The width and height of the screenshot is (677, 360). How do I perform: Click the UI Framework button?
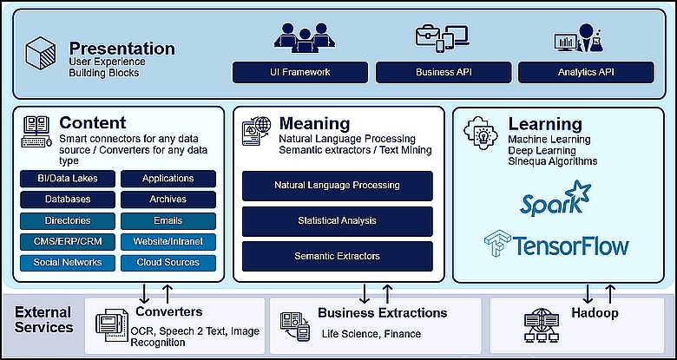[300, 73]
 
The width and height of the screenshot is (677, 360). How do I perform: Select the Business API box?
[444, 73]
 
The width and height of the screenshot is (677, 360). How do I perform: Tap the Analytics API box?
[586, 73]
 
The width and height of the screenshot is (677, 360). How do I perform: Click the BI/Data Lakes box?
[68, 179]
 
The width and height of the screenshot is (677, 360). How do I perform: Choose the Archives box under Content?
[168, 200]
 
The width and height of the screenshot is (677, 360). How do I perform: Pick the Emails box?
[168, 221]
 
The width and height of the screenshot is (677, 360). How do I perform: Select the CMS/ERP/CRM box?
[68, 242]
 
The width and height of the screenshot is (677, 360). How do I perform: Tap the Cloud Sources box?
[168, 263]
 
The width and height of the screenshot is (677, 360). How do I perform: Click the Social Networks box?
[68, 263]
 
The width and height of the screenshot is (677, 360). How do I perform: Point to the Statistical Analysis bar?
[338, 221]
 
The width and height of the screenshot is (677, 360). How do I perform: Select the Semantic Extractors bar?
[338, 257]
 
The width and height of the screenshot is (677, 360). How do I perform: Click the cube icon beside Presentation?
[41, 53]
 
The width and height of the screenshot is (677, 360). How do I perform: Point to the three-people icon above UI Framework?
[305, 37]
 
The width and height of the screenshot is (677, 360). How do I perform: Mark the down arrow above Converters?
[145, 293]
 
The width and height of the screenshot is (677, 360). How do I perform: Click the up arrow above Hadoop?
[610, 293]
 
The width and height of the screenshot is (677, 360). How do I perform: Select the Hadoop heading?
[595, 312]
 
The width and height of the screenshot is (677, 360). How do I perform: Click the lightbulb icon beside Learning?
[480, 133]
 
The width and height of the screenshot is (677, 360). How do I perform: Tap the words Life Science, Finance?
[371, 334]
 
